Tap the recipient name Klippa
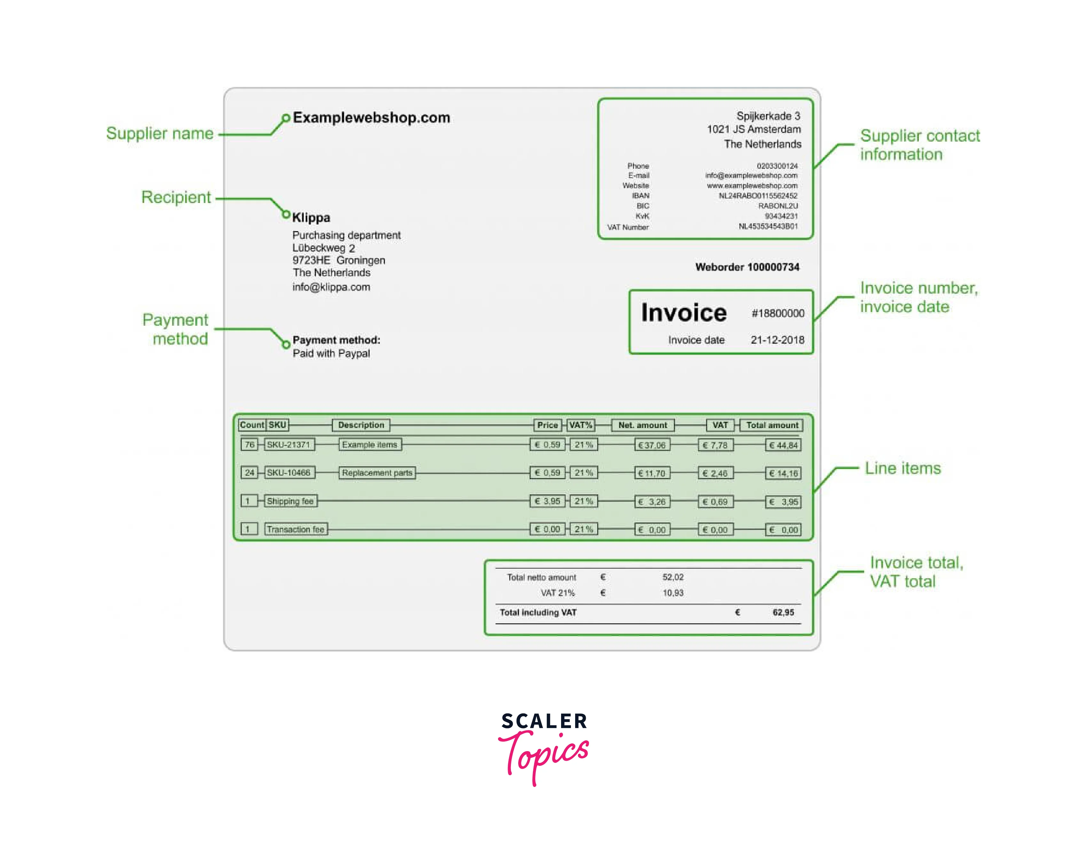point(311,217)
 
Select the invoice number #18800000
point(778,313)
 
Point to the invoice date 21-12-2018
point(778,340)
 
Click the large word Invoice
point(684,313)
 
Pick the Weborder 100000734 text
point(747,267)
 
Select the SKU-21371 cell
point(289,444)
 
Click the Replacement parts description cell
point(377,473)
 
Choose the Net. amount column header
point(643,425)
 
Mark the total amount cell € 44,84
point(783,445)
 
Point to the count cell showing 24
point(249,473)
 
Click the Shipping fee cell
point(290,501)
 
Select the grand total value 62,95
point(783,613)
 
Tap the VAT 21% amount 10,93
point(673,593)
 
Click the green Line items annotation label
point(903,468)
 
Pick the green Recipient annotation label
point(176,197)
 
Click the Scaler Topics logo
point(544,748)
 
